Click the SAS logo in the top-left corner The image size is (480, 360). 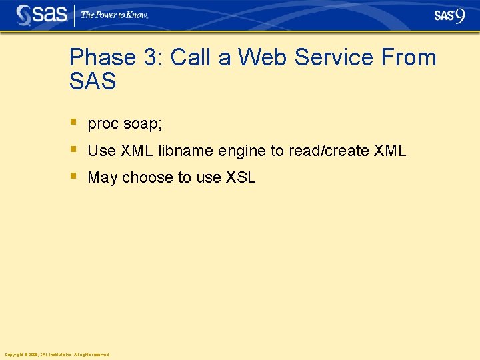click(41, 15)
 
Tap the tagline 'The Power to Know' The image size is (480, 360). click(114, 15)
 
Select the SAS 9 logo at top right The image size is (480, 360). click(449, 15)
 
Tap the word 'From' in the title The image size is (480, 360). click(409, 57)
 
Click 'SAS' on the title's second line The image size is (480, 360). click(93, 81)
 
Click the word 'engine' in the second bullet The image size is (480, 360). click(242, 151)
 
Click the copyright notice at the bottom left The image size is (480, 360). click(57, 355)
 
